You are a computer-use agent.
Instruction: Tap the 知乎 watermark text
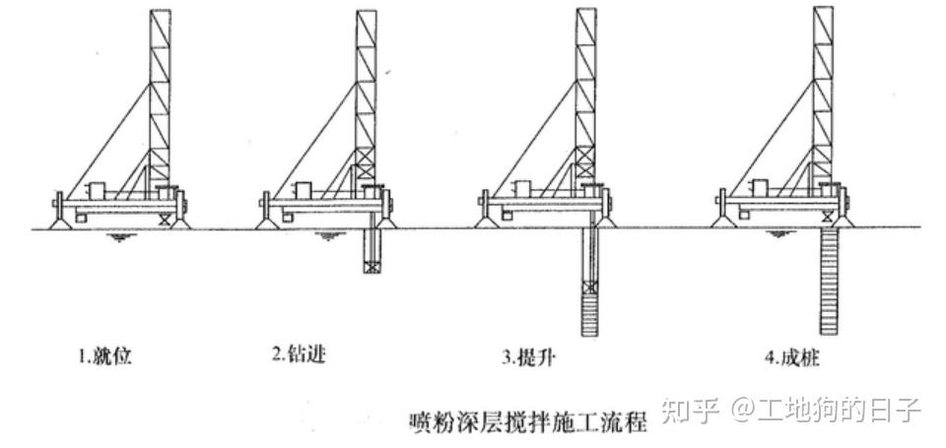[686, 409]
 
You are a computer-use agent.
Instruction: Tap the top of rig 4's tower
[824, 12]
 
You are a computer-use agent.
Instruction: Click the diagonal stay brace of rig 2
[313, 138]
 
